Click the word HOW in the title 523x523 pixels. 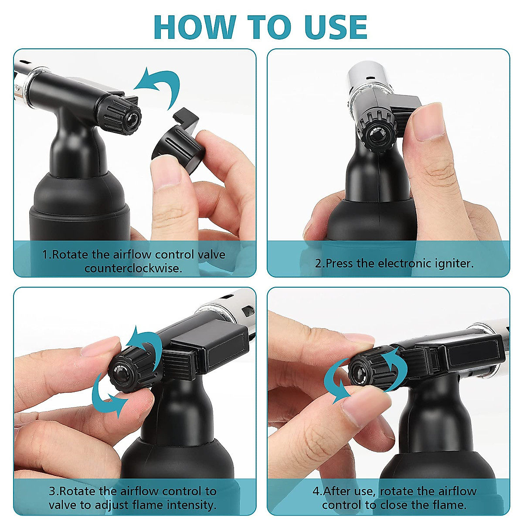tap(194, 27)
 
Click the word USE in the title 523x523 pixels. tap(333, 27)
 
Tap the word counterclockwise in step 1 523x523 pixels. tap(133, 268)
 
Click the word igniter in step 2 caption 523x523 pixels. tap(454, 263)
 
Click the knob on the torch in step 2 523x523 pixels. tap(377, 131)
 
